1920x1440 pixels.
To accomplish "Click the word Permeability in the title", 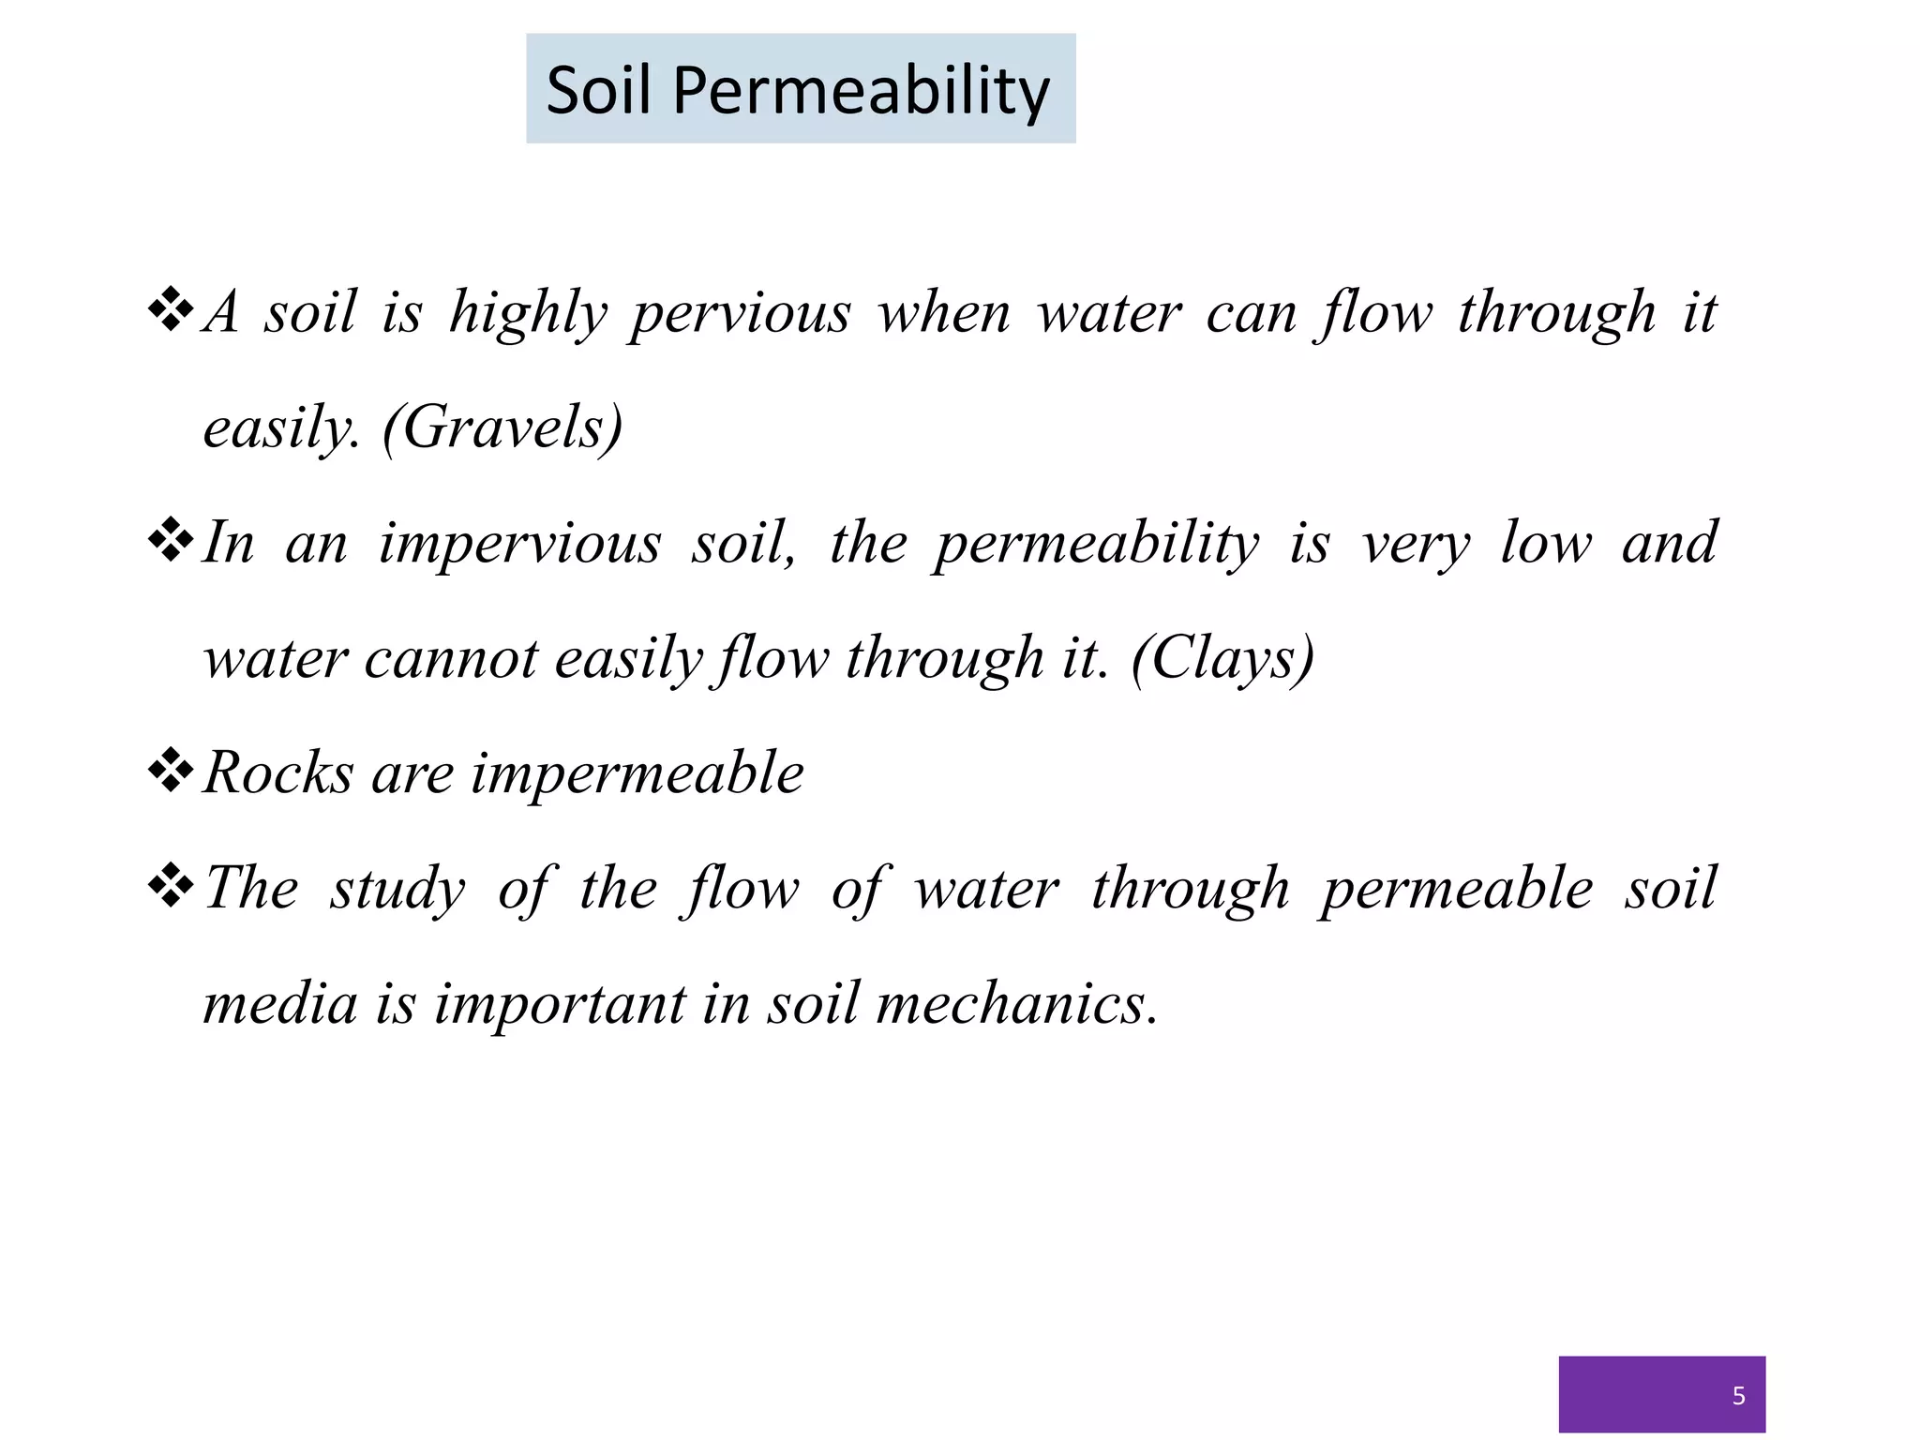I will point(861,92).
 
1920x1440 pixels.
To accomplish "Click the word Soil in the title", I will point(598,92).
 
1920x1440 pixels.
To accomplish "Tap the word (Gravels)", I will point(502,427).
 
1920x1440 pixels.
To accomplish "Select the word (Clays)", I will point(1222,658).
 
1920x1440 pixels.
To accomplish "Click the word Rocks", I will point(278,773).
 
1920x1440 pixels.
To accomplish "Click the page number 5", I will point(1738,1397).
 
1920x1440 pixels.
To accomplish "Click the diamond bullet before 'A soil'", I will point(171,312).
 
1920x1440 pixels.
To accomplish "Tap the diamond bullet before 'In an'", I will point(171,543).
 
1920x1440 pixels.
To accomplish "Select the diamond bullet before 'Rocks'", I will point(171,772).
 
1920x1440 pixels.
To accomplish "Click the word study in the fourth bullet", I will point(397,890).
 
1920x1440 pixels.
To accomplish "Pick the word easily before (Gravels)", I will point(281,429).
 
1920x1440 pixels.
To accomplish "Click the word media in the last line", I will point(280,1004).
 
